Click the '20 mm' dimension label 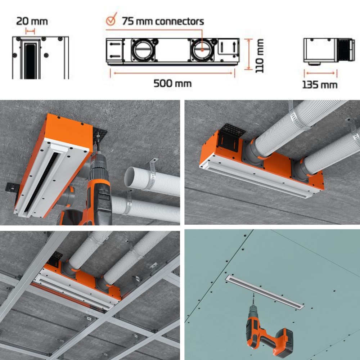32,21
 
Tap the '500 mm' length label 172,83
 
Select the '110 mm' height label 259,56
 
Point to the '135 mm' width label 320,85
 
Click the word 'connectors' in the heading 179,21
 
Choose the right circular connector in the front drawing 202,50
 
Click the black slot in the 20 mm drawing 30,61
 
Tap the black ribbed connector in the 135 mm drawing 346,50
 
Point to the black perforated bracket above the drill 100,135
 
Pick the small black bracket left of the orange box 12,187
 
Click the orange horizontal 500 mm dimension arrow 173,73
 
